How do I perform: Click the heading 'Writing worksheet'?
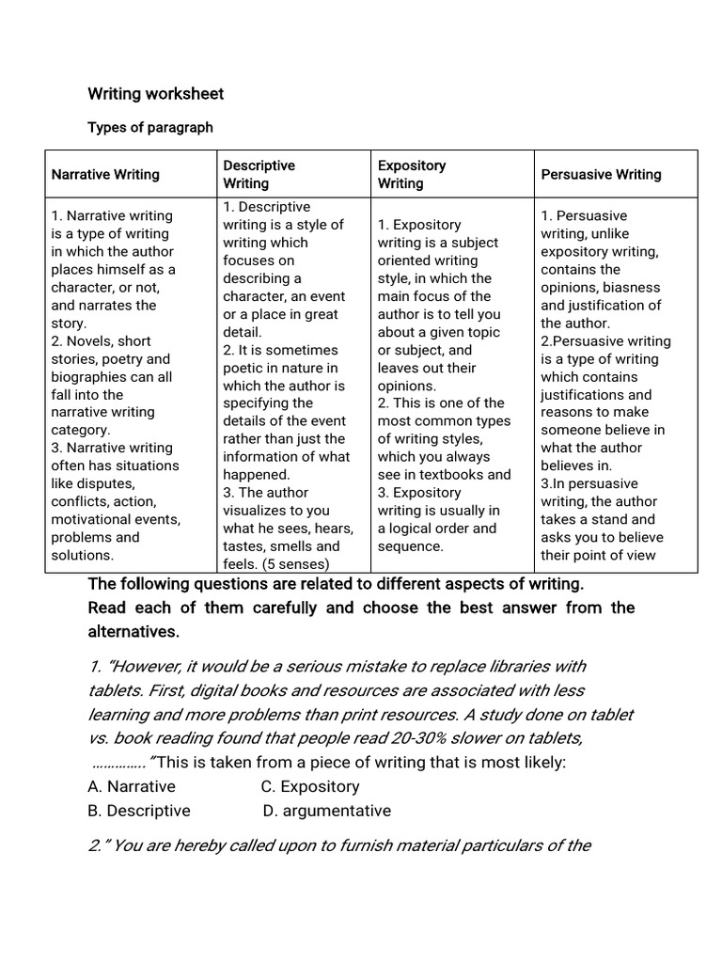pos(155,94)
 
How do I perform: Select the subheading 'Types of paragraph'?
pos(150,127)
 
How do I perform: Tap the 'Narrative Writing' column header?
pos(105,174)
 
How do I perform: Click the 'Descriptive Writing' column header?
pos(259,174)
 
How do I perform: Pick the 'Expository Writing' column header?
pos(412,174)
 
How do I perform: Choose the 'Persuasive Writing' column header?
pos(601,174)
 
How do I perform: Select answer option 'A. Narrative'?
pos(132,786)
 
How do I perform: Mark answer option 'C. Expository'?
pos(310,786)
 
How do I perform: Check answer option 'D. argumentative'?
pos(327,811)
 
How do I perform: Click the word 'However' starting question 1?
pos(145,667)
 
